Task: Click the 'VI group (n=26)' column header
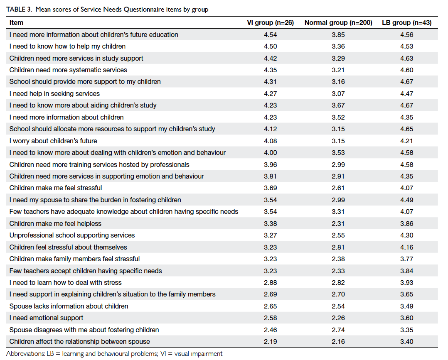tap(270, 23)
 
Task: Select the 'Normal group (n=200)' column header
tap(338, 23)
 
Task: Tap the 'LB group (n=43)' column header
tap(406, 23)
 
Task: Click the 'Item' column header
tap(16, 23)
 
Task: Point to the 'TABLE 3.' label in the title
tap(19, 10)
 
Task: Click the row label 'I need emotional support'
tap(46, 318)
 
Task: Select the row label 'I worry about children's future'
tap(53, 141)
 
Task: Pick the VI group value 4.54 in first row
tap(270, 35)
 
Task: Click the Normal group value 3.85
tap(338, 35)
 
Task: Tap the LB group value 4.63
tap(406, 59)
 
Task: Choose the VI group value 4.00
tap(270, 153)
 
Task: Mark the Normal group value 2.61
tap(338, 188)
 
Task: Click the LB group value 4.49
tap(406, 200)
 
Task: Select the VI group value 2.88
tap(270, 283)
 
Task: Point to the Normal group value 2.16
tap(338, 342)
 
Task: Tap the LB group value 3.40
tap(406, 342)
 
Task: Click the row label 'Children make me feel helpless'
tap(55, 224)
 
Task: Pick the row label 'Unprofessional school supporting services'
tap(72, 235)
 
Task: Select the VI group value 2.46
tap(270, 330)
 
